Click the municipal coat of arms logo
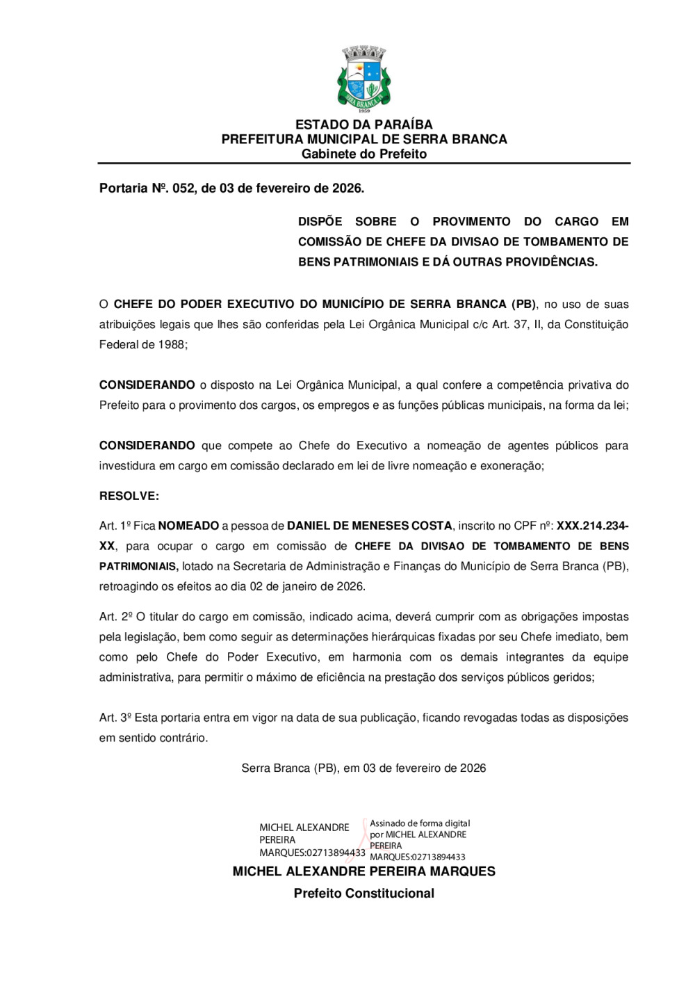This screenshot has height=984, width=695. [x=363, y=78]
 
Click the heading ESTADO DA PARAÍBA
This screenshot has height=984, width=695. [x=363, y=124]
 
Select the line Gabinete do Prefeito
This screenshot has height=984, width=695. [x=363, y=154]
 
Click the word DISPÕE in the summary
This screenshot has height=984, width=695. [x=320, y=221]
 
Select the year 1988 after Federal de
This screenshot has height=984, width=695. [x=172, y=344]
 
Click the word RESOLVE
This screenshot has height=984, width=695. [x=129, y=496]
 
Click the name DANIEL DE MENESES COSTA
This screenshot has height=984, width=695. [x=369, y=526]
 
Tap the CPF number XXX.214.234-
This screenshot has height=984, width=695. [x=592, y=526]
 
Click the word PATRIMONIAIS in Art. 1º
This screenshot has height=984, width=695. [x=138, y=566]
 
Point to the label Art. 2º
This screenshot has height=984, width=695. [x=115, y=616]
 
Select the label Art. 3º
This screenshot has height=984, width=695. [x=115, y=717]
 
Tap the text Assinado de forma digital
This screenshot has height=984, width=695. [x=420, y=823]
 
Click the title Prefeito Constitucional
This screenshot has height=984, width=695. [x=363, y=893]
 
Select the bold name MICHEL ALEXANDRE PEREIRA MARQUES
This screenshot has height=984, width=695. [x=363, y=871]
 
